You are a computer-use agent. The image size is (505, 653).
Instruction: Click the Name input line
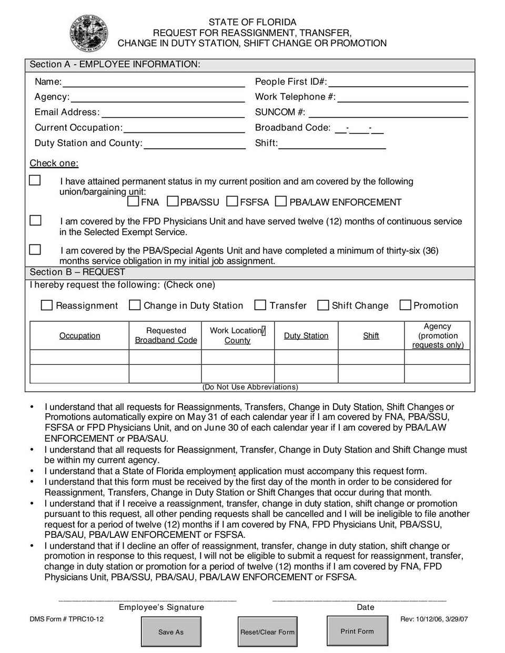(x=153, y=82)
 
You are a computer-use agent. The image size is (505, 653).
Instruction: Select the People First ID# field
(x=398, y=82)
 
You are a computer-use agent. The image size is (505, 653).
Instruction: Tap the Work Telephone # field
(x=402, y=97)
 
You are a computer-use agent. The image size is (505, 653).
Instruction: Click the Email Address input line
(x=173, y=113)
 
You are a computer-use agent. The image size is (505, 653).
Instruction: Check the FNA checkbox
(x=134, y=201)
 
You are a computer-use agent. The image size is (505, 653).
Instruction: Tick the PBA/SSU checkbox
(x=173, y=201)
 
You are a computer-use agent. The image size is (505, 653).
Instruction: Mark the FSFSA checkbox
(x=232, y=201)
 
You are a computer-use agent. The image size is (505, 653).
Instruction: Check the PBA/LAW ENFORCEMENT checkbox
(x=280, y=201)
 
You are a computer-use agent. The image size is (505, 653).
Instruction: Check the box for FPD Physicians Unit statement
(x=35, y=221)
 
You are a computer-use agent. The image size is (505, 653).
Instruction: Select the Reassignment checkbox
(x=47, y=305)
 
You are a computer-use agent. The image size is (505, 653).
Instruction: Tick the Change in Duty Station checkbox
(x=135, y=305)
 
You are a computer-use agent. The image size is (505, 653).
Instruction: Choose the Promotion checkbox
(x=405, y=305)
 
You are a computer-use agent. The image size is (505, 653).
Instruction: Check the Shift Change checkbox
(x=323, y=305)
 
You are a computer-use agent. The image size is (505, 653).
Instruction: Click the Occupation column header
(x=79, y=336)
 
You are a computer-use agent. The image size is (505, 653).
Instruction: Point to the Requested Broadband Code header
(x=166, y=335)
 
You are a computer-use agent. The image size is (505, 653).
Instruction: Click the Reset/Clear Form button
(x=267, y=632)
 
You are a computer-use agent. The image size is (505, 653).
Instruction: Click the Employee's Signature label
(x=161, y=607)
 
